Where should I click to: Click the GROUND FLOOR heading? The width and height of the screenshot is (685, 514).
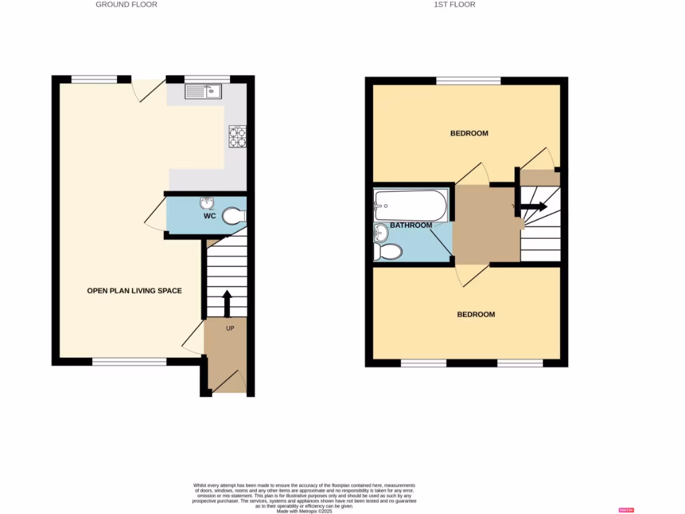click(126, 5)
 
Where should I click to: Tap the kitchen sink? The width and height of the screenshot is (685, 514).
click(204, 92)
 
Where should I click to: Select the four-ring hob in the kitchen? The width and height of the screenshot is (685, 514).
click(237, 137)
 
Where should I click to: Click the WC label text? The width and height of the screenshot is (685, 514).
click(209, 217)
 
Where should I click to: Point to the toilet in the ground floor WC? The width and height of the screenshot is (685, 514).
click(235, 216)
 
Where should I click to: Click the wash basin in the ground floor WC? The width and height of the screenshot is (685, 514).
click(205, 203)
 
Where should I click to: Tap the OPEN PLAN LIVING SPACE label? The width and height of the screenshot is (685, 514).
click(134, 290)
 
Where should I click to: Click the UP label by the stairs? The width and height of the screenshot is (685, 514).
click(229, 329)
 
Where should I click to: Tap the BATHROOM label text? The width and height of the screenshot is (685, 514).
click(411, 226)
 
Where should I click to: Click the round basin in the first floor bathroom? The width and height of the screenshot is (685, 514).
click(381, 234)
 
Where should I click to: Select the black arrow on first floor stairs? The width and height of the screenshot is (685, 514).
click(532, 207)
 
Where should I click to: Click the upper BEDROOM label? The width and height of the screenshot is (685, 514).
click(469, 133)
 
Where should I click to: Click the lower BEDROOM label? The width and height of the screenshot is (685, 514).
click(476, 315)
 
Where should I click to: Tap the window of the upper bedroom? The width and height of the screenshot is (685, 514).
click(468, 81)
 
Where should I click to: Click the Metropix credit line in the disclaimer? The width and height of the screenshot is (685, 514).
click(304, 511)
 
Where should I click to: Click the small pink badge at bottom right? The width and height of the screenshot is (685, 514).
click(627, 510)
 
